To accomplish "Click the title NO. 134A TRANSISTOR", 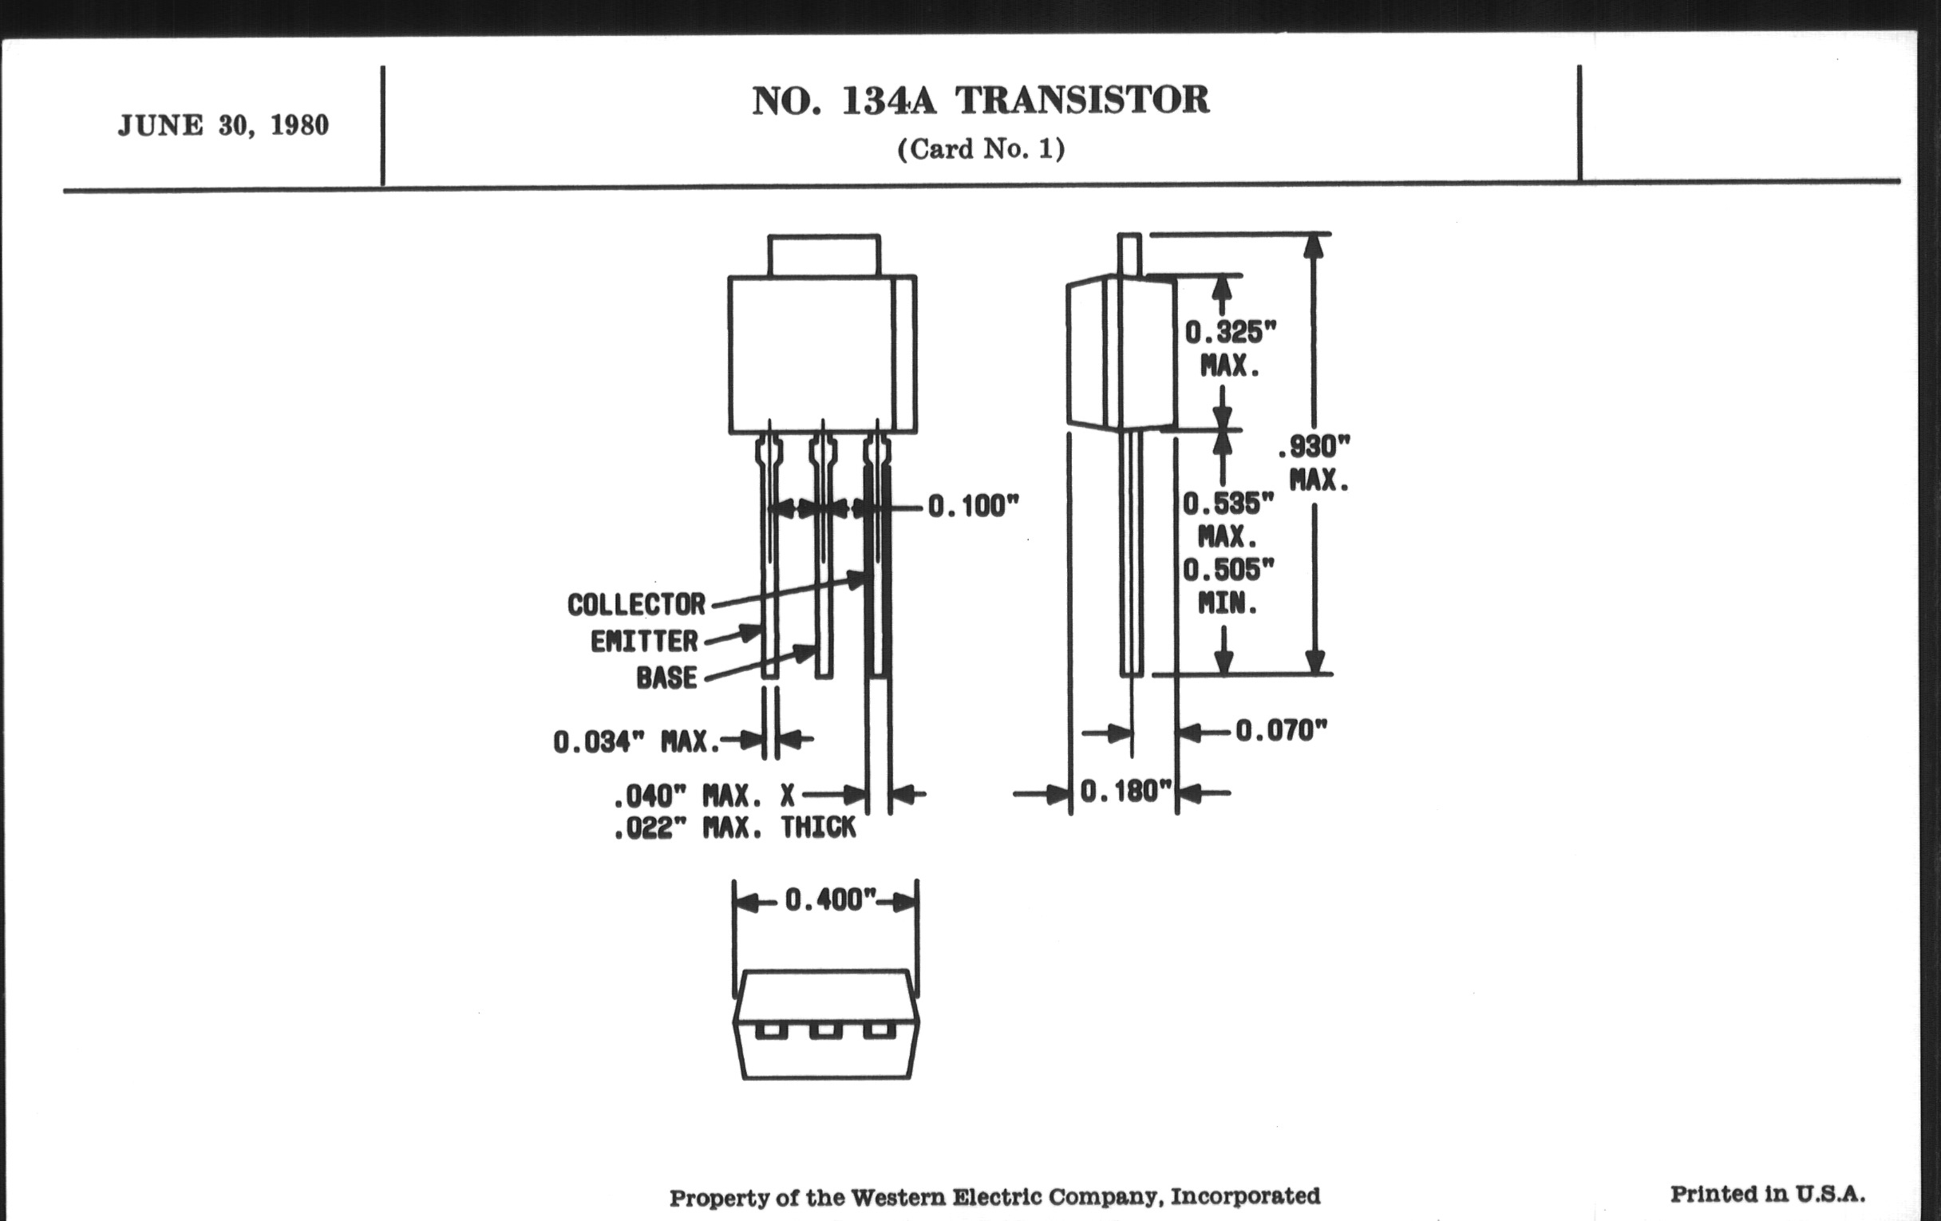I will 980,101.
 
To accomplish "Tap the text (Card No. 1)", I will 980,149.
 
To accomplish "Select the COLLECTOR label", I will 636,604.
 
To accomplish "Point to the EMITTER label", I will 644,642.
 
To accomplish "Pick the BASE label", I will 666,678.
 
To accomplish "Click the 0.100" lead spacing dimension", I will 973,506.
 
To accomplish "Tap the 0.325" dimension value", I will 1230,331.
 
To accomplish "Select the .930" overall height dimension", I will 1314,445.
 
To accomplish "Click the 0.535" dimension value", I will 1228,504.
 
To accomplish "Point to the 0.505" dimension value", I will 1228,571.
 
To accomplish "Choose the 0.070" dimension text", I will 1281,731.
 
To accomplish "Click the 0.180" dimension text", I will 1125,792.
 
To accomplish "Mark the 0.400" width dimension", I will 829,899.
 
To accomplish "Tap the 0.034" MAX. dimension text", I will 636,741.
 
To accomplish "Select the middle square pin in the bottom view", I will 824,1031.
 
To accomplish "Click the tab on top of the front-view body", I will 823,255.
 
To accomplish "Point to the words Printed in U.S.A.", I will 1767,1194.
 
